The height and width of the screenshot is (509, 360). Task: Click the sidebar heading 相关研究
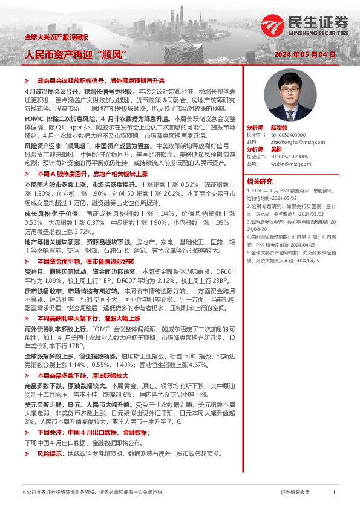[x=260, y=181]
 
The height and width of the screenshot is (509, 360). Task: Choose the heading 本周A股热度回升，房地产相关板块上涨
[x=89, y=173]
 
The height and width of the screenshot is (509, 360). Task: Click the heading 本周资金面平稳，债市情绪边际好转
[x=85, y=262]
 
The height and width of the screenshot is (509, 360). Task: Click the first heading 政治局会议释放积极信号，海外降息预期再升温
[x=97, y=80]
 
